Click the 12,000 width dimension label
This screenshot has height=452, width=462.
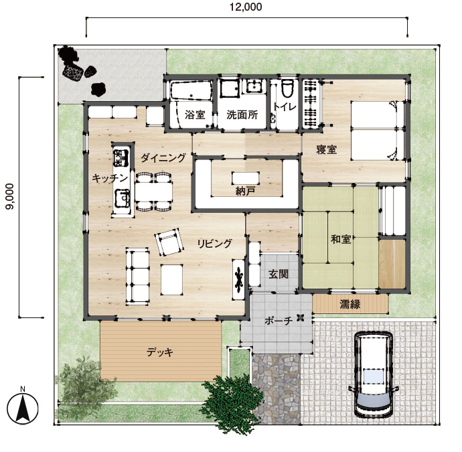click(246, 7)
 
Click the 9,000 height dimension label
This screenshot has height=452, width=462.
click(10, 196)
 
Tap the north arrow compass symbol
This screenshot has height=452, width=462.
click(23, 408)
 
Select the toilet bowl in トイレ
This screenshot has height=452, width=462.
click(287, 88)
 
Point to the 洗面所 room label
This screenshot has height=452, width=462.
click(242, 115)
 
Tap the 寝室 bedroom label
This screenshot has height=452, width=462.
click(327, 150)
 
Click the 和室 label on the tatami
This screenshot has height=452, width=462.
click(341, 239)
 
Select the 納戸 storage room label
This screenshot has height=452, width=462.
click(245, 192)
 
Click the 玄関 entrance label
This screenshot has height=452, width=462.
click(278, 275)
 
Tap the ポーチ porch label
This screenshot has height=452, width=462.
click(278, 321)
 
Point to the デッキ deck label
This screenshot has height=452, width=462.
click(160, 352)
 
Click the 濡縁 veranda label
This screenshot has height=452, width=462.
click(350, 304)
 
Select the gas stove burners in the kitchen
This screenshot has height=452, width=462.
click(121, 157)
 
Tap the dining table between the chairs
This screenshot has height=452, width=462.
click(154, 192)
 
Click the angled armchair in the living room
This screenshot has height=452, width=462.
click(168, 242)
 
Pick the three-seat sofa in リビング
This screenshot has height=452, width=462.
click(138, 276)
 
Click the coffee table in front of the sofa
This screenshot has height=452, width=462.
click(172, 279)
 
